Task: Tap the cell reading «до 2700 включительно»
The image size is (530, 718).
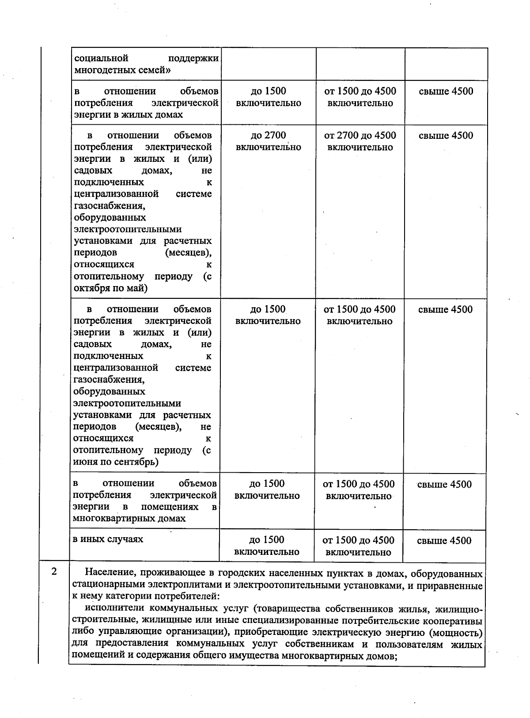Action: [x=268, y=141]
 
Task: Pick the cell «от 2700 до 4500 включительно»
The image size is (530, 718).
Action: [x=360, y=141]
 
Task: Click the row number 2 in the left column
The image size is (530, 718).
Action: [x=54, y=571]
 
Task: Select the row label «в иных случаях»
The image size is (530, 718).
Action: [x=108, y=539]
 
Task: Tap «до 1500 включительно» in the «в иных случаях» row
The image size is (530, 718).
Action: [x=267, y=546]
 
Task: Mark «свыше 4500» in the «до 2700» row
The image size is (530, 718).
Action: [x=446, y=135]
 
